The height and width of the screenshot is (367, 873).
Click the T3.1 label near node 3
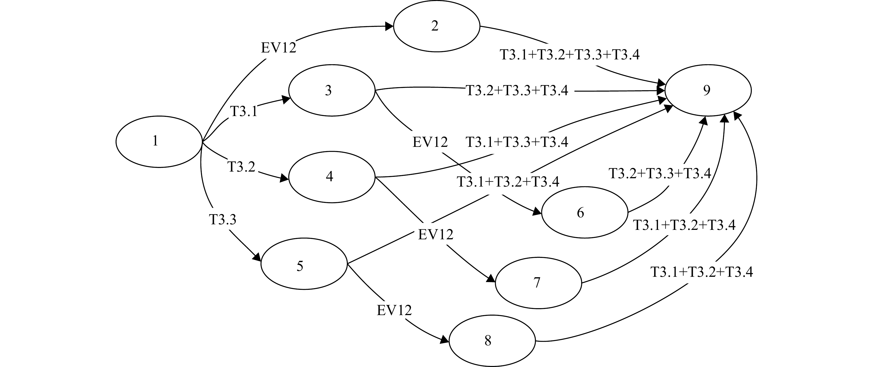coord(244,111)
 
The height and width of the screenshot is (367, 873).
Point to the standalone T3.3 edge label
coord(222,220)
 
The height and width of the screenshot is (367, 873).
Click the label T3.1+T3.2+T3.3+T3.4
coord(570,55)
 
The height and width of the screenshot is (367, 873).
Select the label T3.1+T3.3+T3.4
coord(517,142)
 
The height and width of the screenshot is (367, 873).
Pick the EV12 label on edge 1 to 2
coord(279,48)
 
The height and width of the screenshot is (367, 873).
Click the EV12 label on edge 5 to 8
coord(394,310)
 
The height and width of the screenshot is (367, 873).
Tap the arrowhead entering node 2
coord(389,26)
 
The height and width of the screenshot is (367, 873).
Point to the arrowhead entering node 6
coord(537,212)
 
